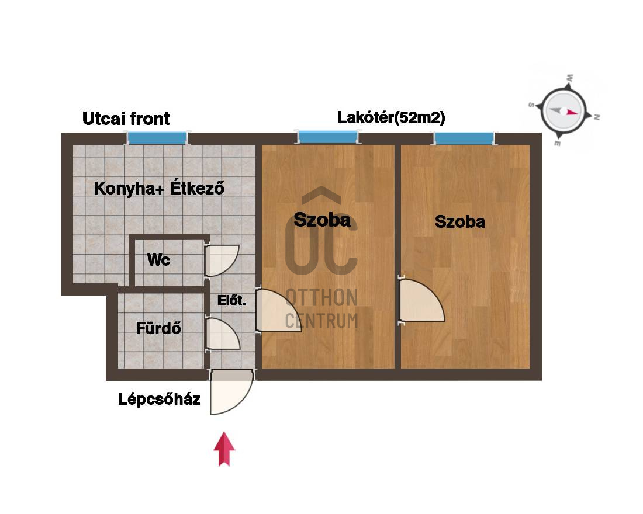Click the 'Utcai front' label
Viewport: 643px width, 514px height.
point(126,119)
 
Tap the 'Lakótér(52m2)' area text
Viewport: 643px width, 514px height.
point(391,117)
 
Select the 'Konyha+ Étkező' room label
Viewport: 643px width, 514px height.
point(159,188)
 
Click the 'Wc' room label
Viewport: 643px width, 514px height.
point(158,260)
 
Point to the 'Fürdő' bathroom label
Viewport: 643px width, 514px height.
point(158,328)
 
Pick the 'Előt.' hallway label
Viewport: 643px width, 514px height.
point(231,300)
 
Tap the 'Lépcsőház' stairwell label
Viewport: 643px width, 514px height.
point(159,399)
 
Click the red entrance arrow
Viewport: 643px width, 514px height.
point(224,449)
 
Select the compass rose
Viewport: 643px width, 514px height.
point(564,110)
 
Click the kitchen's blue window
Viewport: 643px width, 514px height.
point(157,138)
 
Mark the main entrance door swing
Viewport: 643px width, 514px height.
point(231,392)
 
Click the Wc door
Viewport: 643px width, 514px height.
point(222,261)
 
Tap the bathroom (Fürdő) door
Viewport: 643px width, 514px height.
point(222,334)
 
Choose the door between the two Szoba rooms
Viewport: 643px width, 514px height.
point(421,301)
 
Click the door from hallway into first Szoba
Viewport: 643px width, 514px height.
point(278,310)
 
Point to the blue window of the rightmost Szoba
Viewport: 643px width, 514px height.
point(464,138)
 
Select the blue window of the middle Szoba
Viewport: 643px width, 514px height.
point(328,137)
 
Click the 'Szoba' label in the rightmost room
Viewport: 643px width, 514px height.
point(459,222)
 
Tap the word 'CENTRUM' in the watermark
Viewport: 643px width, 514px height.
point(321,321)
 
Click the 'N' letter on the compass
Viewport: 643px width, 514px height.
point(597,117)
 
